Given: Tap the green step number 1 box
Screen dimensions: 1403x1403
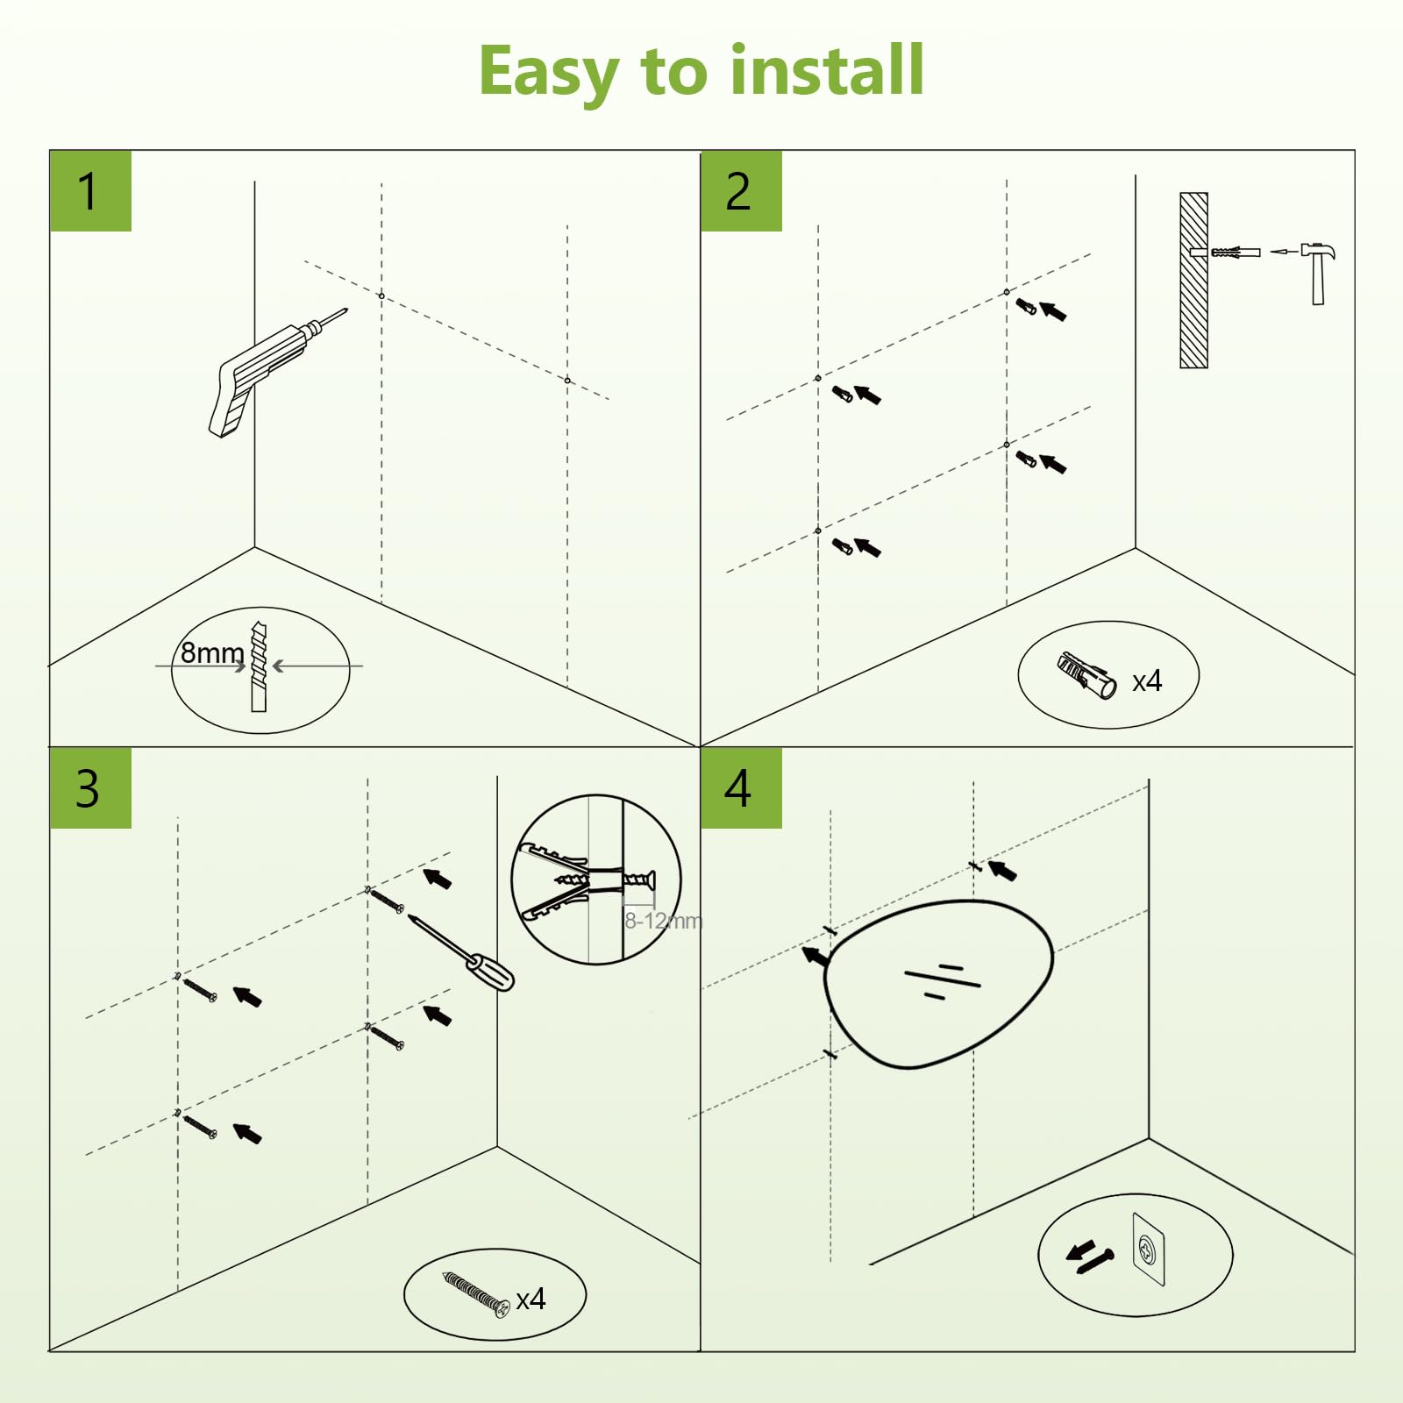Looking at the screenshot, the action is pyautogui.click(x=90, y=191).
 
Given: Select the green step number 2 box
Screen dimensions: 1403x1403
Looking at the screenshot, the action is pyautogui.click(x=741, y=191).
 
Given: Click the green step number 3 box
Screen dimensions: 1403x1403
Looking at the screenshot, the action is pyautogui.click(x=90, y=787).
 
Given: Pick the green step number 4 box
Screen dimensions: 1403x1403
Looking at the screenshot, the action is pyautogui.click(x=741, y=787).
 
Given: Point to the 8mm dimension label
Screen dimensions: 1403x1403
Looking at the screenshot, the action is pyautogui.click(x=211, y=653).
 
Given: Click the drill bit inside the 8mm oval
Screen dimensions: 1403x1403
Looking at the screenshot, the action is pyautogui.click(x=258, y=666).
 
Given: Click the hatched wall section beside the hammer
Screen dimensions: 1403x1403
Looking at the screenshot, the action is pyautogui.click(x=1193, y=281).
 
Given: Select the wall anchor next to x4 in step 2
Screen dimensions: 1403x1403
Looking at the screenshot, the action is pyautogui.click(x=1086, y=674).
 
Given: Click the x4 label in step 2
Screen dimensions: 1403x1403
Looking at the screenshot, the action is pyautogui.click(x=1147, y=681).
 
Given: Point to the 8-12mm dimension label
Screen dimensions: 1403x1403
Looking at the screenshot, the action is pyautogui.click(x=664, y=921).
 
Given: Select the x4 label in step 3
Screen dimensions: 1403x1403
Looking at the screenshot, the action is pyautogui.click(x=531, y=1299).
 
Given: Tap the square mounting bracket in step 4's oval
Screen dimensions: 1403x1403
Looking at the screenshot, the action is pyautogui.click(x=1149, y=1249).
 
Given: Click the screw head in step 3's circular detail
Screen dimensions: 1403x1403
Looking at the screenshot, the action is pyautogui.click(x=651, y=880).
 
